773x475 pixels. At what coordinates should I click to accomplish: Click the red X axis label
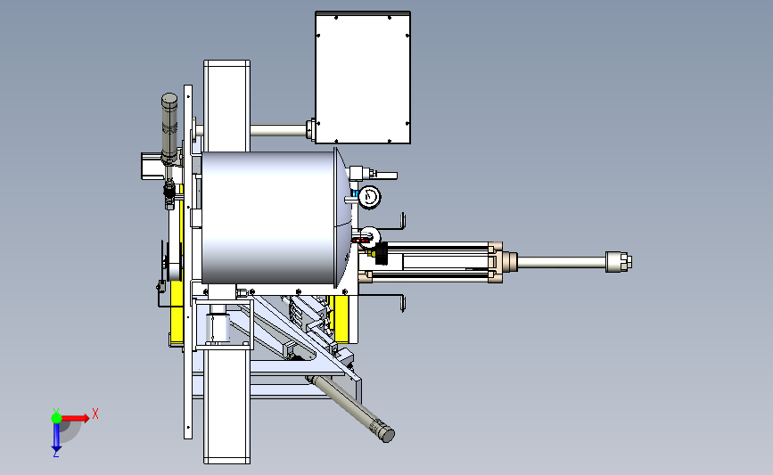point(95,414)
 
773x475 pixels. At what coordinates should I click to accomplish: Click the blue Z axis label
point(55,455)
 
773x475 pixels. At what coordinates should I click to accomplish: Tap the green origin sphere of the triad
point(56,418)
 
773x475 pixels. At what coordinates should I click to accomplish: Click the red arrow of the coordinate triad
point(75,418)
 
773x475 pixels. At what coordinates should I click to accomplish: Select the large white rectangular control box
point(363,78)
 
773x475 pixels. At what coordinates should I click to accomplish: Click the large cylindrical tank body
point(268,217)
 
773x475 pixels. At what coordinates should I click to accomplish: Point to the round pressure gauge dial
point(369,197)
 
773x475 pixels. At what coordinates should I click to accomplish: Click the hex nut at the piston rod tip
point(619,262)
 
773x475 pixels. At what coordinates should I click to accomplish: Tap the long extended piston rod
point(562,262)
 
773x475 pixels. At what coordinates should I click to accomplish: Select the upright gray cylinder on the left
point(169,128)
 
